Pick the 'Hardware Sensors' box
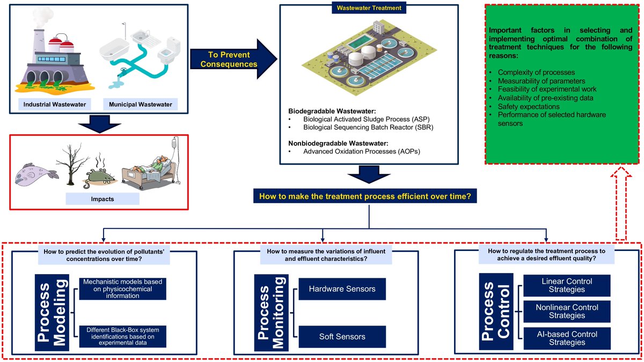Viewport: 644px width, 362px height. coord(342,289)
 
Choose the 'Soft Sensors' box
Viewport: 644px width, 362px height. coord(342,336)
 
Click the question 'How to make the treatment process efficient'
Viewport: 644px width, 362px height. coord(365,196)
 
